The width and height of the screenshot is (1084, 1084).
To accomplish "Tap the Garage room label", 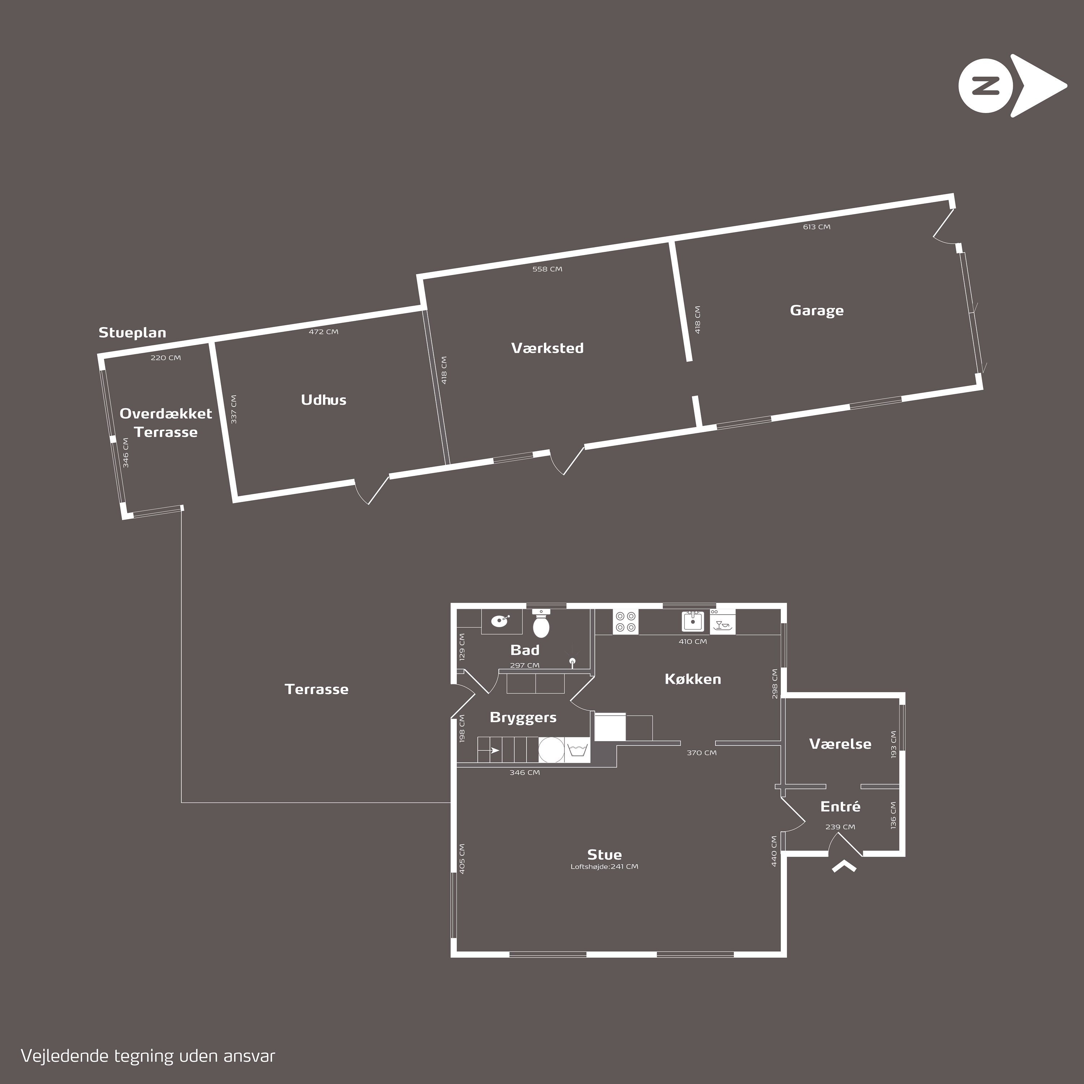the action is click(816, 310).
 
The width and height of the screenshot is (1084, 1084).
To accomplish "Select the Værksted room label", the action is click(547, 348).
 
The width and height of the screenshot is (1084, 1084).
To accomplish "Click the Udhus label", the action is click(324, 400).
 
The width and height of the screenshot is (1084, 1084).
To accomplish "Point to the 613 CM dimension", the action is click(816, 227).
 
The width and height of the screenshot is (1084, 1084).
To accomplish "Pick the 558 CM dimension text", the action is click(547, 269).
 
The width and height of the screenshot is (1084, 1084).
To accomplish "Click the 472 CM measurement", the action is click(324, 332).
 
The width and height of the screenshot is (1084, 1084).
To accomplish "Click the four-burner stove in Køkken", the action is click(625, 621).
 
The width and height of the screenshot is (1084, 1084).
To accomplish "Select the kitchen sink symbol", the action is click(693, 621).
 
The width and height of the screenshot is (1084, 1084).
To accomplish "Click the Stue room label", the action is click(604, 855).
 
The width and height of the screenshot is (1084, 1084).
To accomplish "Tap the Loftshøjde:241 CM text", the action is click(604, 866).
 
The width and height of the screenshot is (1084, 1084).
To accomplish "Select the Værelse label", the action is click(840, 744).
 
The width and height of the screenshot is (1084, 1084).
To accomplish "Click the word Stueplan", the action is click(132, 333).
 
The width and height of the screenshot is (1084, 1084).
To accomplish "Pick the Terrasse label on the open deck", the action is click(317, 689).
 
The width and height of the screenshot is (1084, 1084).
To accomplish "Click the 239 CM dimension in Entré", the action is click(840, 826).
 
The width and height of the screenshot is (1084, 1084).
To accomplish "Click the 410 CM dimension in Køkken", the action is click(693, 641).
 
